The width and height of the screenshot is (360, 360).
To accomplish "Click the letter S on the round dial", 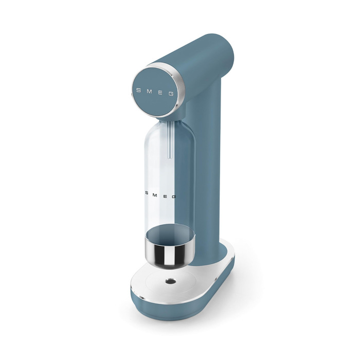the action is [x=138, y=90].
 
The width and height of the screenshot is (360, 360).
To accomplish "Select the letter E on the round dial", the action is [x=160, y=93].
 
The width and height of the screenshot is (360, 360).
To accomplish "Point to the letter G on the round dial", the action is [x=171, y=94].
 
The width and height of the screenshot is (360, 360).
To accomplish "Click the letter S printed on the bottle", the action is [x=147, y=193].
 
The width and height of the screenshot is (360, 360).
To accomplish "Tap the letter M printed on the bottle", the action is [x=155, y=195].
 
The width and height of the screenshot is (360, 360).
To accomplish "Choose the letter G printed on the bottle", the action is [x=174, y=196].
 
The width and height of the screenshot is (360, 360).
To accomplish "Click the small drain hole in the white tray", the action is [x=171, y=281].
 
